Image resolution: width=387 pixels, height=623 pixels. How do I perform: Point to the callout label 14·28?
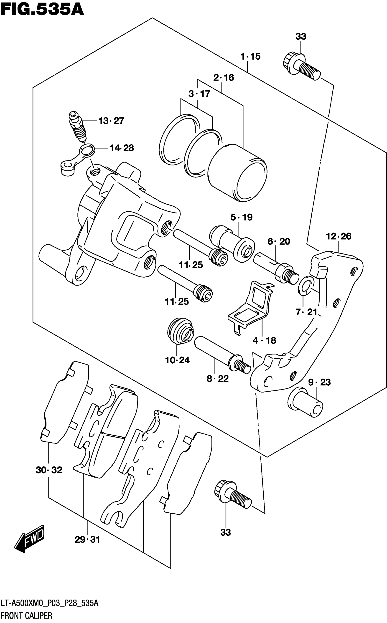point(122,148)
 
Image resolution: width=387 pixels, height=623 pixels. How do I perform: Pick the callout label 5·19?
point(241,217)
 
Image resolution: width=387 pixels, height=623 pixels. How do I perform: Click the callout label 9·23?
point(319,382)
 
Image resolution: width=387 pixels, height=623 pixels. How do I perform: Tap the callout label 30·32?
point(49,470)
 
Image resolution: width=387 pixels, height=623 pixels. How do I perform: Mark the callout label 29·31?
point(87,540)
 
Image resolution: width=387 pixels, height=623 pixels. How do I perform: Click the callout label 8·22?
point(218,378)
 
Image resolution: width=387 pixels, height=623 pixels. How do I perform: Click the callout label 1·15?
point(250,56)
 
